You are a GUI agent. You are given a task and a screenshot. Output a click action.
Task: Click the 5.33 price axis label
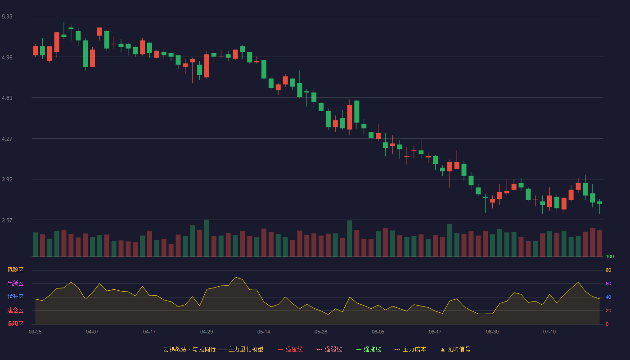[7, 17]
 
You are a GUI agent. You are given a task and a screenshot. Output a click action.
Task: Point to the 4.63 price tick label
[7, 98]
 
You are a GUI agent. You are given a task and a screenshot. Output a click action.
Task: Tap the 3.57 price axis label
[7, 220]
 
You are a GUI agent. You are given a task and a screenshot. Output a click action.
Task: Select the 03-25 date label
[35, 332]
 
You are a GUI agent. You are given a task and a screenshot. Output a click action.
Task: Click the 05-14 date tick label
[264, 332]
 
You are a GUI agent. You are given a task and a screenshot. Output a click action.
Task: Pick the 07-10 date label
[549, 332]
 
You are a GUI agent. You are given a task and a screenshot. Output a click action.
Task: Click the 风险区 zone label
[15, 270]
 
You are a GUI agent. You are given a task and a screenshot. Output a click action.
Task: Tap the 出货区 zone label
[15, 283]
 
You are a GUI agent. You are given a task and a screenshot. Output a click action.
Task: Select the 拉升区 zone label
[15, 297]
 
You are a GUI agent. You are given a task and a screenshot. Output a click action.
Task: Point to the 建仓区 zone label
[15, 310]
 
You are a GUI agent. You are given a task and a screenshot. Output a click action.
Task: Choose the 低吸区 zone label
[15, 324]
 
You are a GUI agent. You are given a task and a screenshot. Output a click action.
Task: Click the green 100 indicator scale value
[610, 256]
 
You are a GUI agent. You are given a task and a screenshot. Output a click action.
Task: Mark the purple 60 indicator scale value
[608, 283]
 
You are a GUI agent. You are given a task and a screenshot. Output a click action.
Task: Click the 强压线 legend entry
[290, 349]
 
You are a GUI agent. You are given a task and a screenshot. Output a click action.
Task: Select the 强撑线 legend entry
[369, 349]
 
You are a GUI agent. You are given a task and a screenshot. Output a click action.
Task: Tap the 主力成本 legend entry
[410, 349]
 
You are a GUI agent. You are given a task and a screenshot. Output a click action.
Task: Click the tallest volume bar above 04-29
[207, 238]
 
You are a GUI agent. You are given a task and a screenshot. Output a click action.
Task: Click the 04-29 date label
[207, 332]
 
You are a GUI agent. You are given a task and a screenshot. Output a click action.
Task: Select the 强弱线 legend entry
[329, 349]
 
